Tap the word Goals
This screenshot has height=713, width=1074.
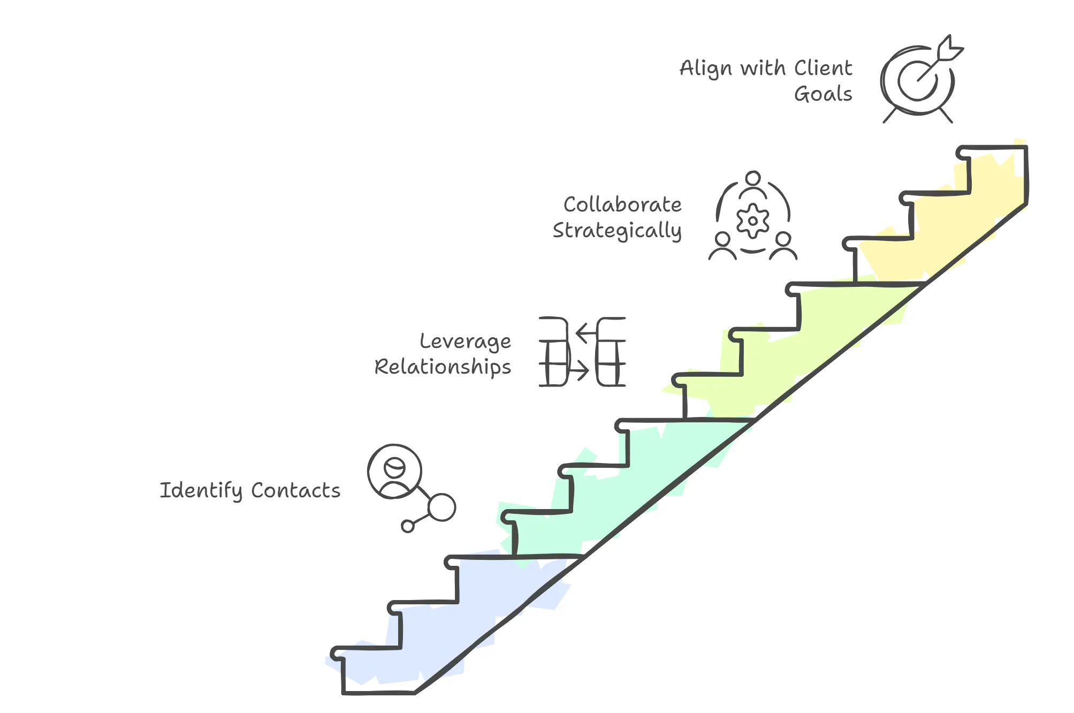tap(823, 94)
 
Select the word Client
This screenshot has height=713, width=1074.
tap(823, 69)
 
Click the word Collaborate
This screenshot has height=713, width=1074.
tap(622, 204)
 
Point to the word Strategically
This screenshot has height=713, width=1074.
tap(617, 231)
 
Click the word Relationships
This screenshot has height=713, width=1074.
tap(443, 368)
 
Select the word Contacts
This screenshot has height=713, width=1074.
tap(295, 490)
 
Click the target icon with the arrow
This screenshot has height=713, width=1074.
tap(918, 80)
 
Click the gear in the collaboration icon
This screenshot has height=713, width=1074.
tap(753, 221)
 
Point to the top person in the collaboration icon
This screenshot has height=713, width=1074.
tap(753, 182)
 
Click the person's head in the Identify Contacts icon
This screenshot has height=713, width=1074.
tap(395, 467)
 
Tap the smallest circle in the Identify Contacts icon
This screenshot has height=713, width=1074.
tap(408, 526)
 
